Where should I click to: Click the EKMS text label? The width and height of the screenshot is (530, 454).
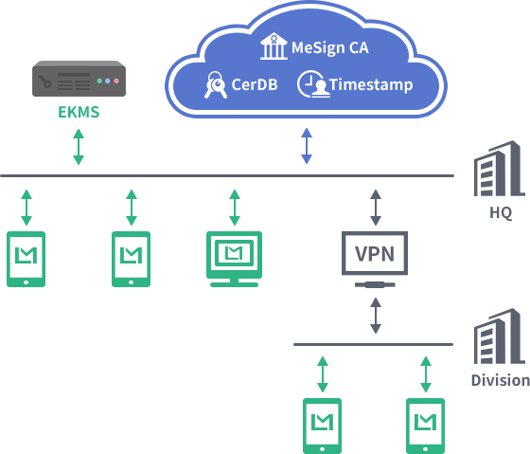79,112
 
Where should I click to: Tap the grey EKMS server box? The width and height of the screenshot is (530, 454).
79,79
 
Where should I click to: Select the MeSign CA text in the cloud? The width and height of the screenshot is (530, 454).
330,47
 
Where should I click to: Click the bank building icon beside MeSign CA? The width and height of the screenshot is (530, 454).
274,46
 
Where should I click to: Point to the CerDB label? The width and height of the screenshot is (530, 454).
255,84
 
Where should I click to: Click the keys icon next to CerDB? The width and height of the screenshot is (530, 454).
216,84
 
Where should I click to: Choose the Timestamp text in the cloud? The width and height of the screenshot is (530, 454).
371,85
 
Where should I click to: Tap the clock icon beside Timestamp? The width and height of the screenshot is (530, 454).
313,84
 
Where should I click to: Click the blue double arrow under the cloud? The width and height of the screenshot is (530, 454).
307,146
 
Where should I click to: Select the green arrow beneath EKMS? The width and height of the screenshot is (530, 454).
79,147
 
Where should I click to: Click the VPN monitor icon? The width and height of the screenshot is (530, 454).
375,259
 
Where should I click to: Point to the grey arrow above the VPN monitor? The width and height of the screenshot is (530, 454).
376,208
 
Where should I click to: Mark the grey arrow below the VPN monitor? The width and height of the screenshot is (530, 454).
376,316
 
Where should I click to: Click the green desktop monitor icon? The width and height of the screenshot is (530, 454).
235,259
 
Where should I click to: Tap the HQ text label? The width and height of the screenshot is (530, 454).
501,212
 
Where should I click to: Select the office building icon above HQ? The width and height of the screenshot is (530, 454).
500,169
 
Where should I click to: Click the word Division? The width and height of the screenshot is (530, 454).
501,380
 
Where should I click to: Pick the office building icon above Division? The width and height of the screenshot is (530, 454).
500,336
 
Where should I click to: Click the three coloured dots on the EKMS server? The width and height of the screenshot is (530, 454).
108,81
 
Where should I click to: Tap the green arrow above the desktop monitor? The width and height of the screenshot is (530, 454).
235,208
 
